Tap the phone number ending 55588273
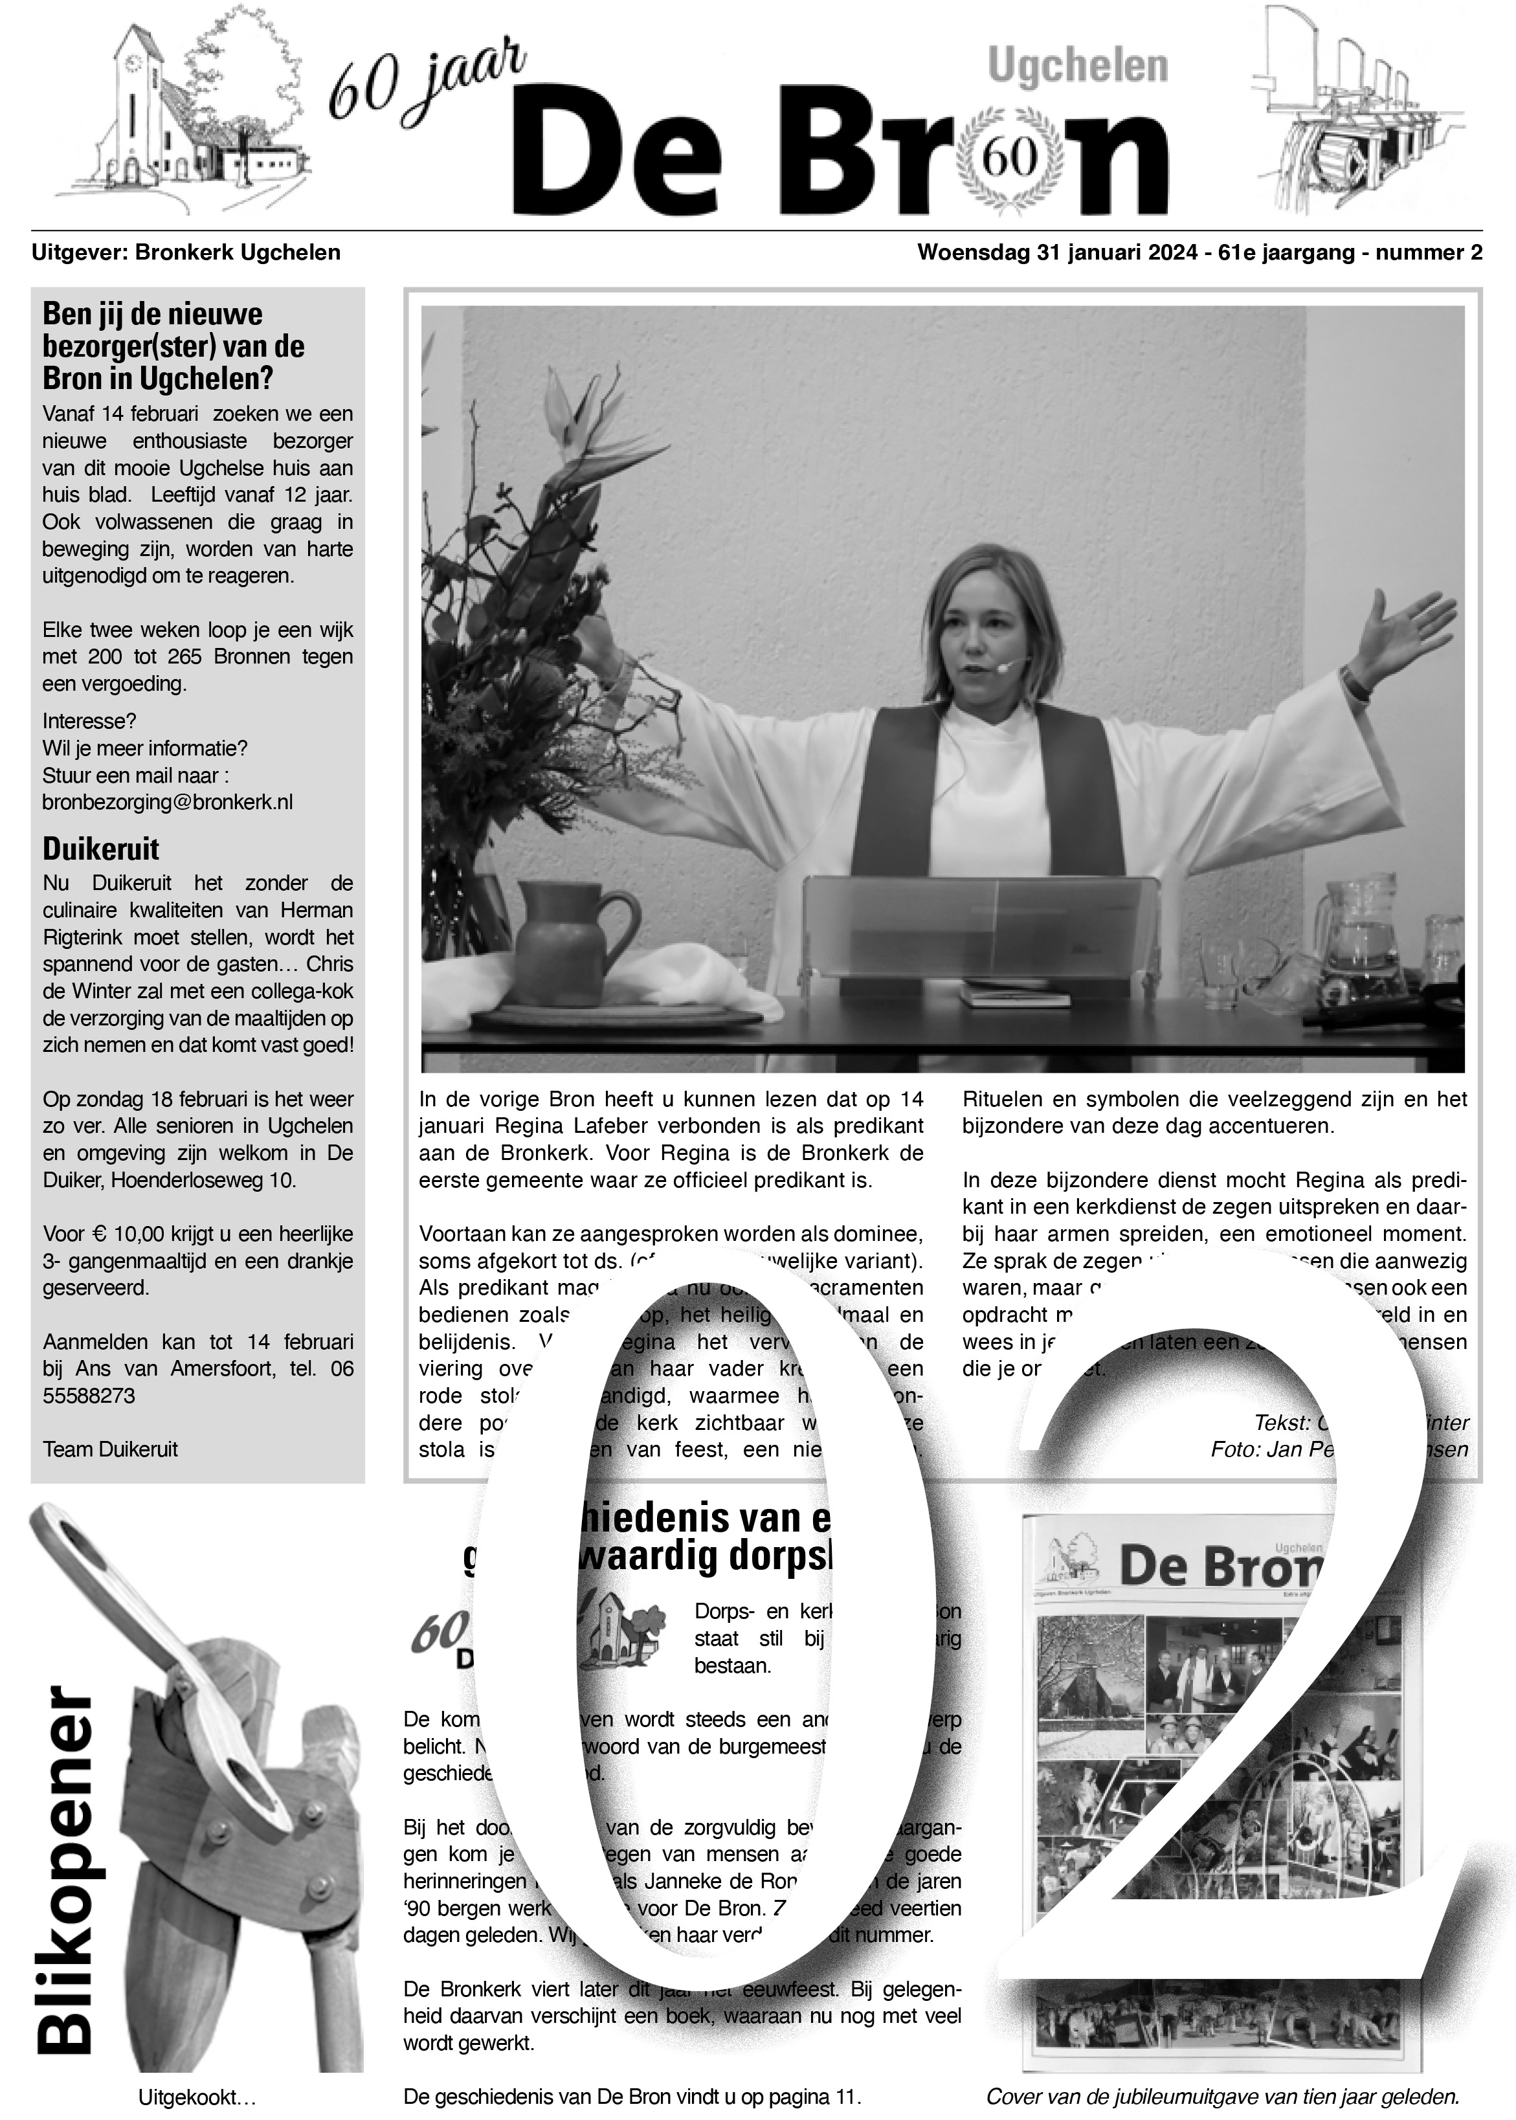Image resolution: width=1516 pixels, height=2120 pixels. click(89, 1396)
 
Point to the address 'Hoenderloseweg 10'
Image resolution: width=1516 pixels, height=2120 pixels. click(201, 1180)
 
